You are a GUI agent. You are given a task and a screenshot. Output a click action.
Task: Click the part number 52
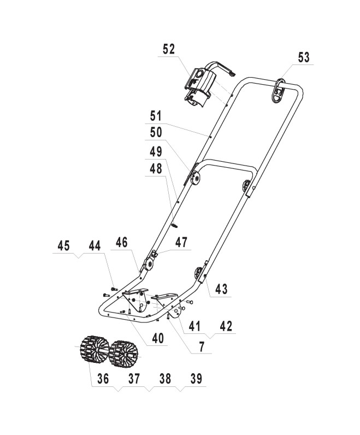pos(169,49)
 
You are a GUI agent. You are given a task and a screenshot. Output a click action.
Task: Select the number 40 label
pos(157,339)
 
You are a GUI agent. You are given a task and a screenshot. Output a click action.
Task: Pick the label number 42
pos(225,326)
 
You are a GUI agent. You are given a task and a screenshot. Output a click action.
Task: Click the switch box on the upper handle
pos(199,84)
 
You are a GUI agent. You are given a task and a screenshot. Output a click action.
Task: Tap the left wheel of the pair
pos(92,350)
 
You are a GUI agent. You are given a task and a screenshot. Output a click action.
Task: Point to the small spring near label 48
pos(176,224)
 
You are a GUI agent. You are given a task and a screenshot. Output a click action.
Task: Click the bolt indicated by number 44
pos(113,287)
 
